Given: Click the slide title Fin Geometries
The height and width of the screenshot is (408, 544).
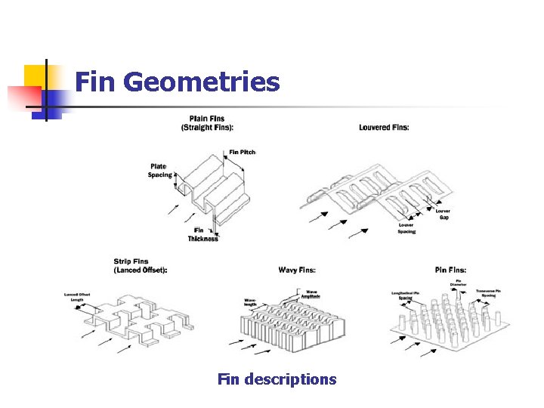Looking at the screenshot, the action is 178,82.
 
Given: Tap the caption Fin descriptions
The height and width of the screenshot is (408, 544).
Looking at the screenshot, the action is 277,379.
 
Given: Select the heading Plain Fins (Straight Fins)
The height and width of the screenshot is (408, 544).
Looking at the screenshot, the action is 207,123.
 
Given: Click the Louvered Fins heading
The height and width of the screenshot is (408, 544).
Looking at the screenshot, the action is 384,127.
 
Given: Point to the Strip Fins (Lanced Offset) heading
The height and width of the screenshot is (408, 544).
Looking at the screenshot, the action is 141,266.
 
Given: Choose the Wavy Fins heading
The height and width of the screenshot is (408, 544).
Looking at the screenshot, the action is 297,270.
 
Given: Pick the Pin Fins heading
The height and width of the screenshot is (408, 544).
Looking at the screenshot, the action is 450,270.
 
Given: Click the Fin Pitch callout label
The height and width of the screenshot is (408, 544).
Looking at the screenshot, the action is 243,152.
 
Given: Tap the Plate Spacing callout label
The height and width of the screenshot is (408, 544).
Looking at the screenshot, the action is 160,171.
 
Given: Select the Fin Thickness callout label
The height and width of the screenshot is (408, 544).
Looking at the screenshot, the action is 202,234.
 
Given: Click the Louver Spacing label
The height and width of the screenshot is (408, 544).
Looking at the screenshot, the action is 406,228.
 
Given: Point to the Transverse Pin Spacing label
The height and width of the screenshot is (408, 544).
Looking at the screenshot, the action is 488,293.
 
